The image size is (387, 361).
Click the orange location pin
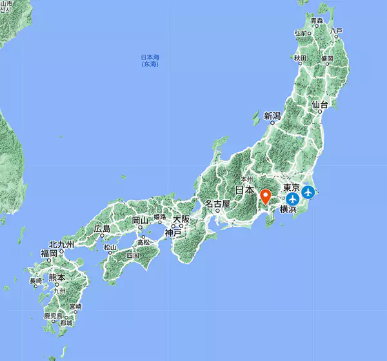[x=266, y=195]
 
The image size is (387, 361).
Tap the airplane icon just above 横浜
[x=292, y=198]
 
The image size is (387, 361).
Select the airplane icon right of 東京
[x=309, y=191]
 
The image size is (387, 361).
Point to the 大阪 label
[x=181, y=220]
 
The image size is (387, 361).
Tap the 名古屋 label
[x=217, y=204]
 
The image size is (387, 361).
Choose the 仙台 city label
[x=320, y=105]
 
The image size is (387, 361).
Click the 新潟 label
[x=273, y=116]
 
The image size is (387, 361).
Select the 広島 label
[x=102, y=229]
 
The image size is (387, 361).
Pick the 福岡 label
[x=49, y=254]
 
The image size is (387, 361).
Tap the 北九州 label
[x=61, y=245]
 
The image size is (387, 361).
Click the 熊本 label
[x=57, y=278]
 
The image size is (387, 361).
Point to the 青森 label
[x=316, y=21]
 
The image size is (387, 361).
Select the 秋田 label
[x=301, y=59]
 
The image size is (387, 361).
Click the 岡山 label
[x=141, y=220]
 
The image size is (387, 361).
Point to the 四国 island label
[x=133, y=255]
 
